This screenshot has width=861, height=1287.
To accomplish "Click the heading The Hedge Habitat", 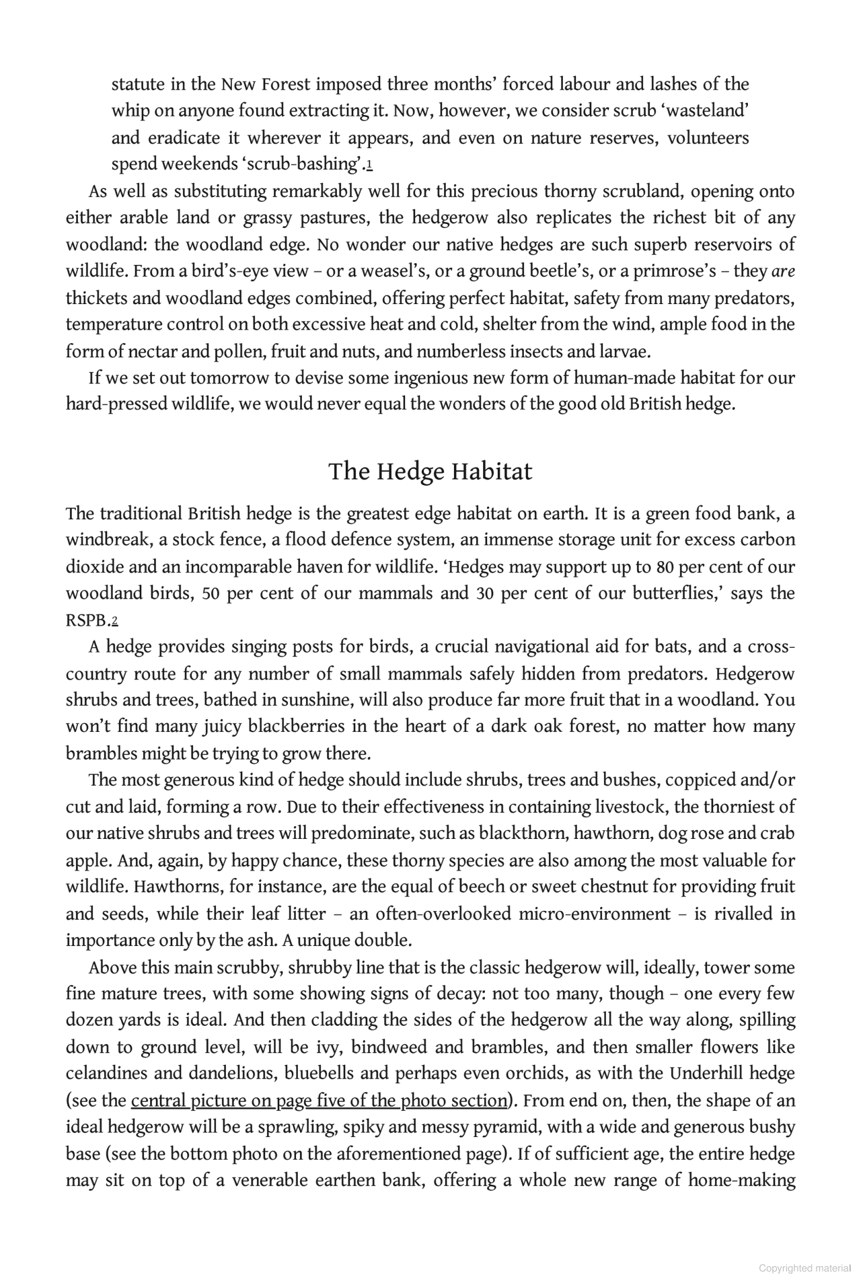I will pos(430,472).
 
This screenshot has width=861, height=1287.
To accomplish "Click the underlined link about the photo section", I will pos(319,1101).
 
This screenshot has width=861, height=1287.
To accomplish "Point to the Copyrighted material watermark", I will pos(804,1268).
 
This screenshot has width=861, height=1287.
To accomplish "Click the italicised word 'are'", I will pos(783,271).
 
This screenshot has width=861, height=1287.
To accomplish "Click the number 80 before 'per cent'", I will pos(665,567).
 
